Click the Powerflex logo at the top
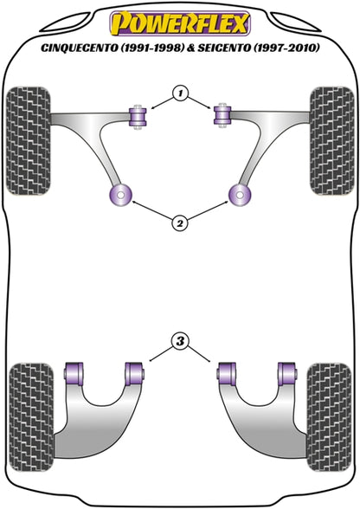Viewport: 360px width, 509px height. (180, 23)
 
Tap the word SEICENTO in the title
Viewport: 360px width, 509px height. (224, 48)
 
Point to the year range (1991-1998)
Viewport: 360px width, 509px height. (151, 48)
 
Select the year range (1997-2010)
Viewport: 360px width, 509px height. (286, 48)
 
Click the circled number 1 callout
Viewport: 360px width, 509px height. (181, 93)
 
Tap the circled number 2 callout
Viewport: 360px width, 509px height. (180, 223)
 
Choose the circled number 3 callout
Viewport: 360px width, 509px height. (180, 341)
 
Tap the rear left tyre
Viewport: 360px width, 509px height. (31, 417)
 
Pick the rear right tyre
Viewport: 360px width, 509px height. (329, 417)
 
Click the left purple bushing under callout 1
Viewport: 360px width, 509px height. (138, 117)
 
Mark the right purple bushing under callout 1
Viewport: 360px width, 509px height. (222, 116)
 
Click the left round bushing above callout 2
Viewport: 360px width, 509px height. (119, 196)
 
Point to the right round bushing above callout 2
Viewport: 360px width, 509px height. (240, 196)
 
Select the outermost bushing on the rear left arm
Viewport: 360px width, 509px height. (74, 374)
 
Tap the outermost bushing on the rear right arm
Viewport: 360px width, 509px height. (287, 374)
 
